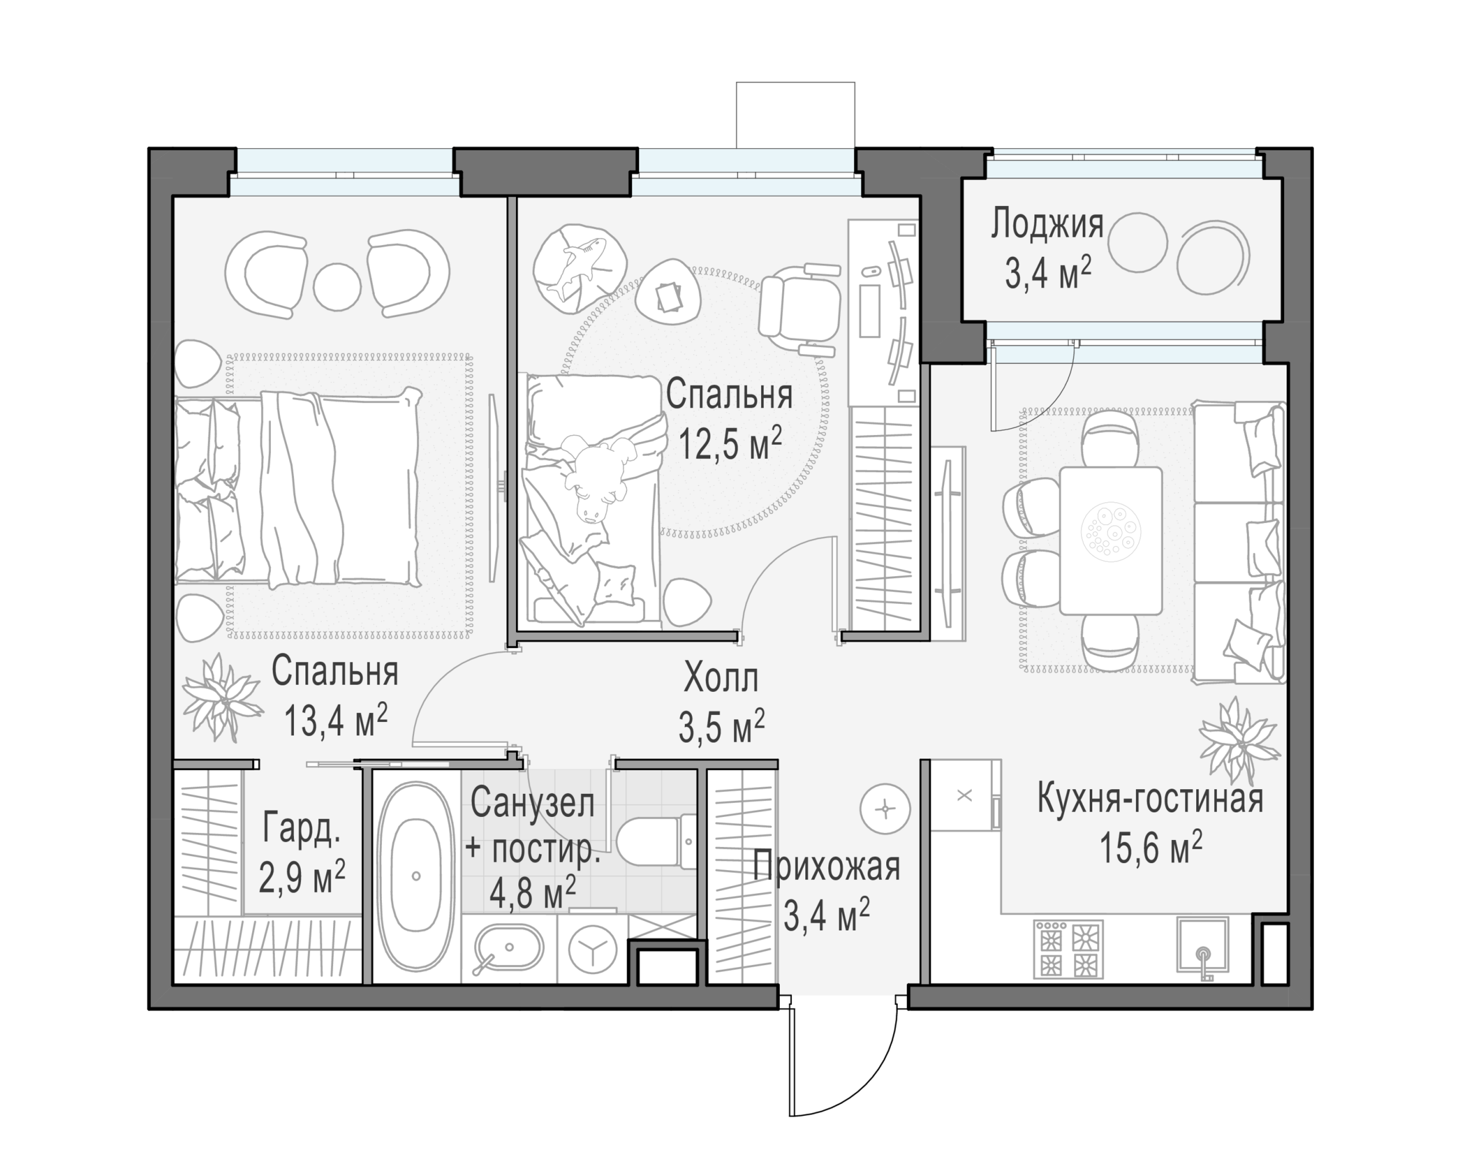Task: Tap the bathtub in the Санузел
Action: pos(416,876)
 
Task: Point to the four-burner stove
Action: pos(1068,948)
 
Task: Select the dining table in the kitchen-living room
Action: pos(1111,540)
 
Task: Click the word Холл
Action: pos(721,677)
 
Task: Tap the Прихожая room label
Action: pos(826,868)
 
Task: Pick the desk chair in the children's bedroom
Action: pos(799,308)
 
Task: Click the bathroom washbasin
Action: pos(508,947)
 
